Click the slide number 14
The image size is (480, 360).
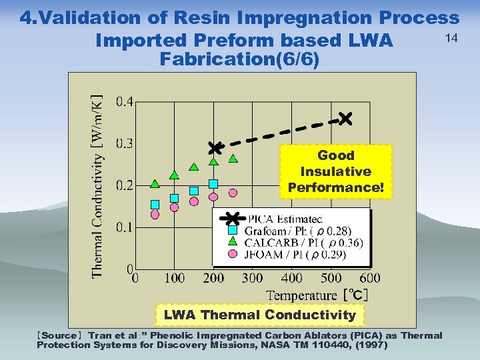451,39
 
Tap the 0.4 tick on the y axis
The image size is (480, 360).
125,102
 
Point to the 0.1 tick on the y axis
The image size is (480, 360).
125,227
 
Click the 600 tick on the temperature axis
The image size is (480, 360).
369,278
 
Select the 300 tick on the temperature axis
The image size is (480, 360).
252,278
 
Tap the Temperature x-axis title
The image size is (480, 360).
302,295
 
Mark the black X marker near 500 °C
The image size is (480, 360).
345,119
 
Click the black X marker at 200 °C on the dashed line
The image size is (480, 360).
214,147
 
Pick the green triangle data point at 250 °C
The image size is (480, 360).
233,159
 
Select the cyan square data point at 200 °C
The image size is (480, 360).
213,183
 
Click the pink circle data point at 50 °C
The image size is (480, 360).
155,215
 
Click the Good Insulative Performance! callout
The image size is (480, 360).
336,172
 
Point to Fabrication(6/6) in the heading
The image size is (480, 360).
240,60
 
